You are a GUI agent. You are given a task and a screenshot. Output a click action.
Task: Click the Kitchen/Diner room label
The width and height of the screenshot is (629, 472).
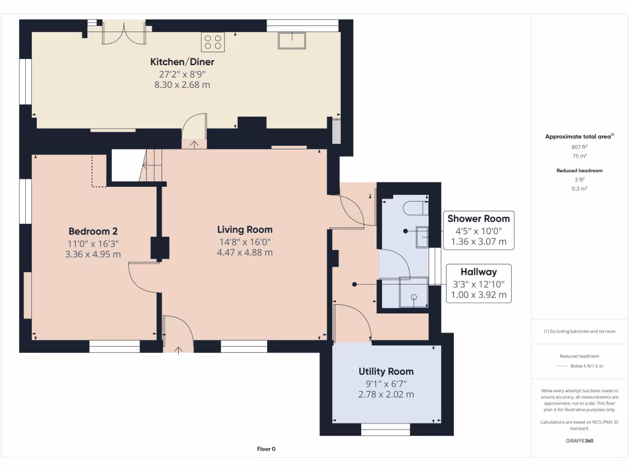182,62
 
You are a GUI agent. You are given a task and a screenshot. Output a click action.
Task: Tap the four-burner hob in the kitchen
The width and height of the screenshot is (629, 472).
213,42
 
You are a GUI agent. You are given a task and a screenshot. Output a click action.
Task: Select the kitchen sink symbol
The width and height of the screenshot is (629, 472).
292,41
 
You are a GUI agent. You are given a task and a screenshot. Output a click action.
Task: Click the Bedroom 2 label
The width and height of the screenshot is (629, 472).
93,232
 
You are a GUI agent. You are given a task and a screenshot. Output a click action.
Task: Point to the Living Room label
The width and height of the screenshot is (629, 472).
244,230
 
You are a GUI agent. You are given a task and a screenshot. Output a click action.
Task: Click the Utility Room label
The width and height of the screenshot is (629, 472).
386,372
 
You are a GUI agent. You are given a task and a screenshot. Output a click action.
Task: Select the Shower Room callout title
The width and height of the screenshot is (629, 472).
479,219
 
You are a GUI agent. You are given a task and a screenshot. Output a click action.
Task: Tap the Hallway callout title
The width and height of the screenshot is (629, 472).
479,272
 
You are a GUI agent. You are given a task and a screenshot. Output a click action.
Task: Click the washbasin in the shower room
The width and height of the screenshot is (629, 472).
423,237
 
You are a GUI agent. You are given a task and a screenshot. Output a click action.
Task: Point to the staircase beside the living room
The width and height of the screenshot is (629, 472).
152,166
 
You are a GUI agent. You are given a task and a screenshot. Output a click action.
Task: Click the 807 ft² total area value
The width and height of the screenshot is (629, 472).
580,147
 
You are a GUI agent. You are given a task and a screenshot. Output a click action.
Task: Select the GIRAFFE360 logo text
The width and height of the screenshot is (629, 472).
580,441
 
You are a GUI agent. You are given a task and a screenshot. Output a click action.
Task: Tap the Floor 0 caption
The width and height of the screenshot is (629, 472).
266,449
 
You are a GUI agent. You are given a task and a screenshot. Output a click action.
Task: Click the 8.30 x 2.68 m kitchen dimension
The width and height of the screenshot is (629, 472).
182,85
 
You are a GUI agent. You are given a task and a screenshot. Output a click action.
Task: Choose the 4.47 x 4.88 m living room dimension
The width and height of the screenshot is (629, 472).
244,253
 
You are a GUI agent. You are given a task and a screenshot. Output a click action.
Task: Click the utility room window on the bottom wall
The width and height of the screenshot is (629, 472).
385,429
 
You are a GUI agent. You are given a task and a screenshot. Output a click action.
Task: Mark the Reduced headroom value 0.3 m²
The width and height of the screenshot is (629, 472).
580,189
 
